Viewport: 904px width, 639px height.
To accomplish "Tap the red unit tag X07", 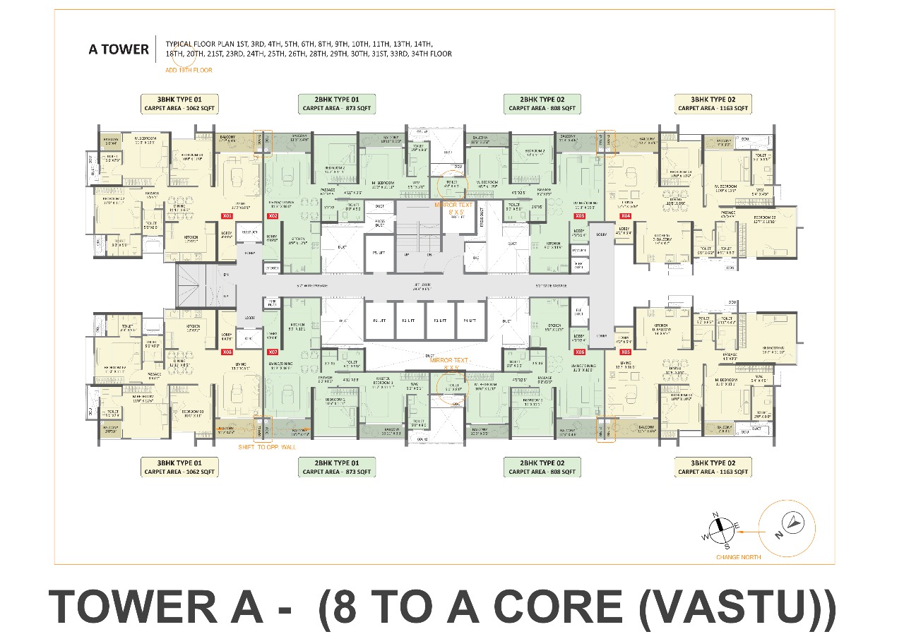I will (x=272, y=351).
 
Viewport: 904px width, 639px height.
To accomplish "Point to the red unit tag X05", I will (x=625, y=351).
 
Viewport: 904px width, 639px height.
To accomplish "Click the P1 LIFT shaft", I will (x=378, y=321).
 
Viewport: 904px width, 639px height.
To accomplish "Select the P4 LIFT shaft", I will (x=470, y=321).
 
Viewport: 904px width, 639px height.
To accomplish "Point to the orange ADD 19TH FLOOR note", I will (x=188, y=71).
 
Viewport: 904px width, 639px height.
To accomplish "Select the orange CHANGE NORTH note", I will (x=739, y=556).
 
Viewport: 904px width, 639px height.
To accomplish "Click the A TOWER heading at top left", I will (x=118, y=49).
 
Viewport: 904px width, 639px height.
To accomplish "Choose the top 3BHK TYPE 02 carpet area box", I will (x=712, y=104).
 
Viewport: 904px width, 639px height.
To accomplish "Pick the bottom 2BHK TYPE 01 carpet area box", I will (x=336, y=466).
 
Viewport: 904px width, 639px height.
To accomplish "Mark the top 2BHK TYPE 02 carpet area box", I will (x=542, y=104).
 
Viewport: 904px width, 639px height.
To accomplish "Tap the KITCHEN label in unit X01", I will (x=191, y=238).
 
